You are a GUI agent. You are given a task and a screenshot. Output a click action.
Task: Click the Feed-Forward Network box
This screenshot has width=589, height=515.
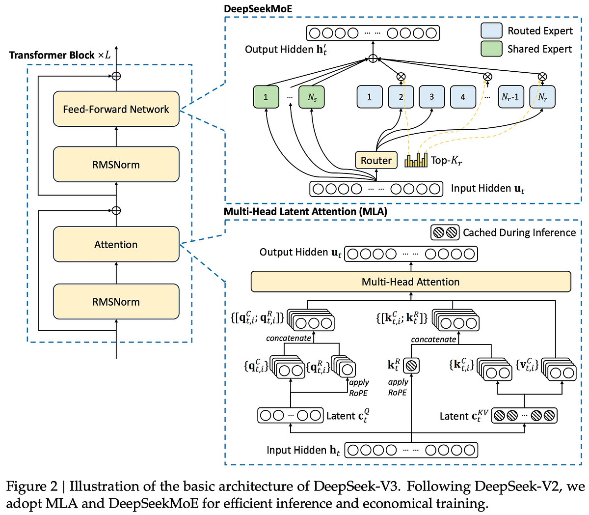(116, 109)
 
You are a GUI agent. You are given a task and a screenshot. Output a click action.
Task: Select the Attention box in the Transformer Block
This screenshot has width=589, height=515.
(116, 244)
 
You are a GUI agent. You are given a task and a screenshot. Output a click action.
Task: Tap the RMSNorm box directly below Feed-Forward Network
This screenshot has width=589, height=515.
(116, 165)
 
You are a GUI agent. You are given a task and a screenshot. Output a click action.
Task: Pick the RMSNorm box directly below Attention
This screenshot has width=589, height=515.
(116, 302)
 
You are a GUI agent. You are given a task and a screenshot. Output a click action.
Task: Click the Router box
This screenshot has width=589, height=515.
(376, 160)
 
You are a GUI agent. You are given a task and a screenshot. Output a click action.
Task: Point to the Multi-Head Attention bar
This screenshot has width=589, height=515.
(411, 282)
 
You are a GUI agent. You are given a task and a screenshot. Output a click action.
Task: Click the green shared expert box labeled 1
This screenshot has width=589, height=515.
(266, 97)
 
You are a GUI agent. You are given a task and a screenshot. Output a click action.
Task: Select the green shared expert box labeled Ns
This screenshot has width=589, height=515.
(312, 97)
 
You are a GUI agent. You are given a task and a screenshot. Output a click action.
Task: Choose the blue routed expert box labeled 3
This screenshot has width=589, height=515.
(431, 97)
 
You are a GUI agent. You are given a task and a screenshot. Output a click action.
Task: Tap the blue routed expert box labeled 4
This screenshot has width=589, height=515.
(462, 97)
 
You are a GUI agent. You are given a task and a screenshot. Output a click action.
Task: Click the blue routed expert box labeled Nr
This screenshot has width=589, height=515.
(542, 97)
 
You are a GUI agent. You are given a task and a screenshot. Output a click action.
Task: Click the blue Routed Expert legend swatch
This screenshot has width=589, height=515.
(491, 30)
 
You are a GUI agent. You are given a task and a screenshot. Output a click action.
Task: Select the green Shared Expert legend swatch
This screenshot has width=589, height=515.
(491, 49)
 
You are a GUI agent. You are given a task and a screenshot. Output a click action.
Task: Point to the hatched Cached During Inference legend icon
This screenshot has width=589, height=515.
(445, 232)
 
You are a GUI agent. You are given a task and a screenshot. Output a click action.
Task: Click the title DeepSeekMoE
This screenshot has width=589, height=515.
(258, 9)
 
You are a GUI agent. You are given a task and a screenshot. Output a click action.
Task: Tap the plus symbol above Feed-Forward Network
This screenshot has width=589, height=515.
(116, 76)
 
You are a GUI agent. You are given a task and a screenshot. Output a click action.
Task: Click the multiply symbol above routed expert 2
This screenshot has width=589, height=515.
(401, 76)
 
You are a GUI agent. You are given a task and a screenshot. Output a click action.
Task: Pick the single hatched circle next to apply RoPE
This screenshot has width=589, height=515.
(411, 365)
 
